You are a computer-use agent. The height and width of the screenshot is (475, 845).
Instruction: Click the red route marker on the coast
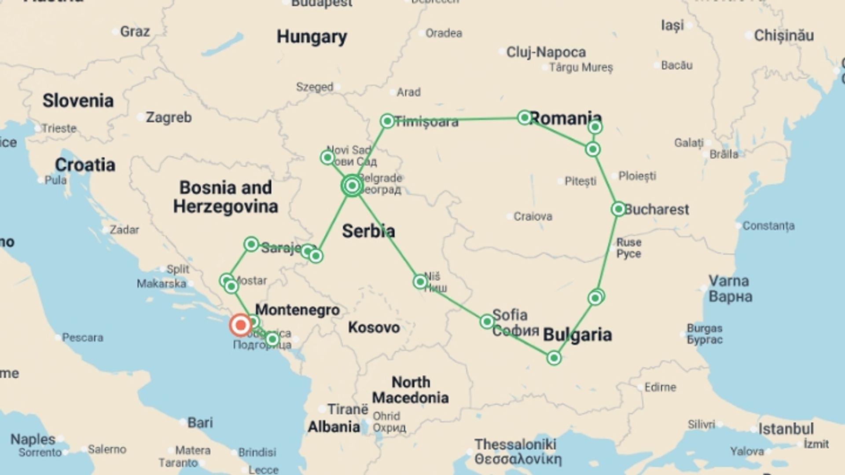240,325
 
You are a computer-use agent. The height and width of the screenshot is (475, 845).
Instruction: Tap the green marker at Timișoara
387,121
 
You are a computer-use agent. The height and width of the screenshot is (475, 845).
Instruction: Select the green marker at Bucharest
618,209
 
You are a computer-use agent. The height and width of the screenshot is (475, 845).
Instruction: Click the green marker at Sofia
487,322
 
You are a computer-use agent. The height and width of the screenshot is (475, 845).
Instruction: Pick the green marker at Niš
420,281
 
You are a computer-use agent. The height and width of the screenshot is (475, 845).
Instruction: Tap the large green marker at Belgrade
352,186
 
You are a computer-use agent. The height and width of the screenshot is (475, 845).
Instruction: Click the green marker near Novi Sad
327,157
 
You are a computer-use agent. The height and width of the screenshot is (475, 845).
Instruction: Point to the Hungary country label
312,37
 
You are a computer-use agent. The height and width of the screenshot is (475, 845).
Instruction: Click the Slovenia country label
78,101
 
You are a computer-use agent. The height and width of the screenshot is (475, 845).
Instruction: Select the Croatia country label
85,165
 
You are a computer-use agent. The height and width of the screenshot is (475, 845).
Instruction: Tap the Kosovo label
374,328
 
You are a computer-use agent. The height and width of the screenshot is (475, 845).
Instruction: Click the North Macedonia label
410,390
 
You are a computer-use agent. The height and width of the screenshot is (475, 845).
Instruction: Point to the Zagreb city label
169,117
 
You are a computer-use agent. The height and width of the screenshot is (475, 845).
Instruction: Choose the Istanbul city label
786,429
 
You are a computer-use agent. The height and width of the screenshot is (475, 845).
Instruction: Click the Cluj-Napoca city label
546,52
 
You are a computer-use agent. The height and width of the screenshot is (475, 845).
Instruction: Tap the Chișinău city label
784,36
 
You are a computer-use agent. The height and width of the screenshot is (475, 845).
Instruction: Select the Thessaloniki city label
515,445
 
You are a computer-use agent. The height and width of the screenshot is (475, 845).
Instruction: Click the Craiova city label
533,216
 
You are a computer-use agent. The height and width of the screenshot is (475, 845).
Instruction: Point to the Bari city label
200,423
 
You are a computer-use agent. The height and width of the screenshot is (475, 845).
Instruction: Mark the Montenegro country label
298,310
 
